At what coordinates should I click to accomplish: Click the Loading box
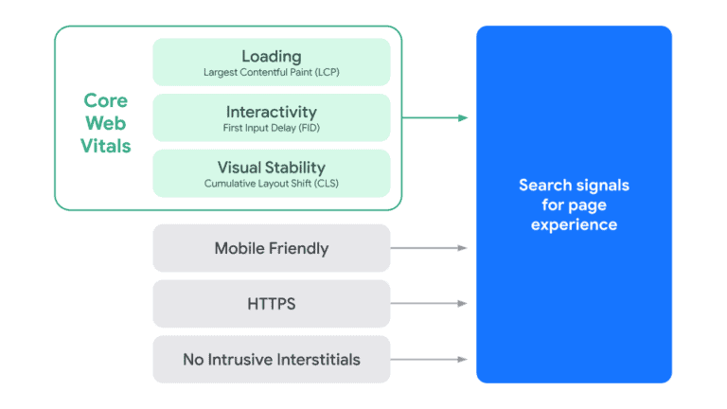(x=271, y=62)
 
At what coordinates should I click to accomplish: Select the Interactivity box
(x=271, y=117)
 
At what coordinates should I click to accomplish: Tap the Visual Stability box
(x=271, y=173)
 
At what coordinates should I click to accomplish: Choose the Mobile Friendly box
(x=271, y=248)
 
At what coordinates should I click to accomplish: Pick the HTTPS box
(x=271, y=304)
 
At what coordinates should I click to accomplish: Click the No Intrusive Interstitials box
(x=271, y=360)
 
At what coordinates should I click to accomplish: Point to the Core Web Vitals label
(x=105, y=123)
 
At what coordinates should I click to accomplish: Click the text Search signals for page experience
(x=574, y=204)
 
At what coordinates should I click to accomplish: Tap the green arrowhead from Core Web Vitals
(x=463, y=117)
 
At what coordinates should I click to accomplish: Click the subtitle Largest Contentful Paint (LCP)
(x=271, y=72)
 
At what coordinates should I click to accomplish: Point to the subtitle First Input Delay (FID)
(x=271, y=128)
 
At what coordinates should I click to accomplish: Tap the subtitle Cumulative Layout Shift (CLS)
(x=271, y=183)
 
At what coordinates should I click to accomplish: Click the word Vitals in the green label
(x=105, y=147)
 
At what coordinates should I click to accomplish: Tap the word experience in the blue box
(x=574, y=225)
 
